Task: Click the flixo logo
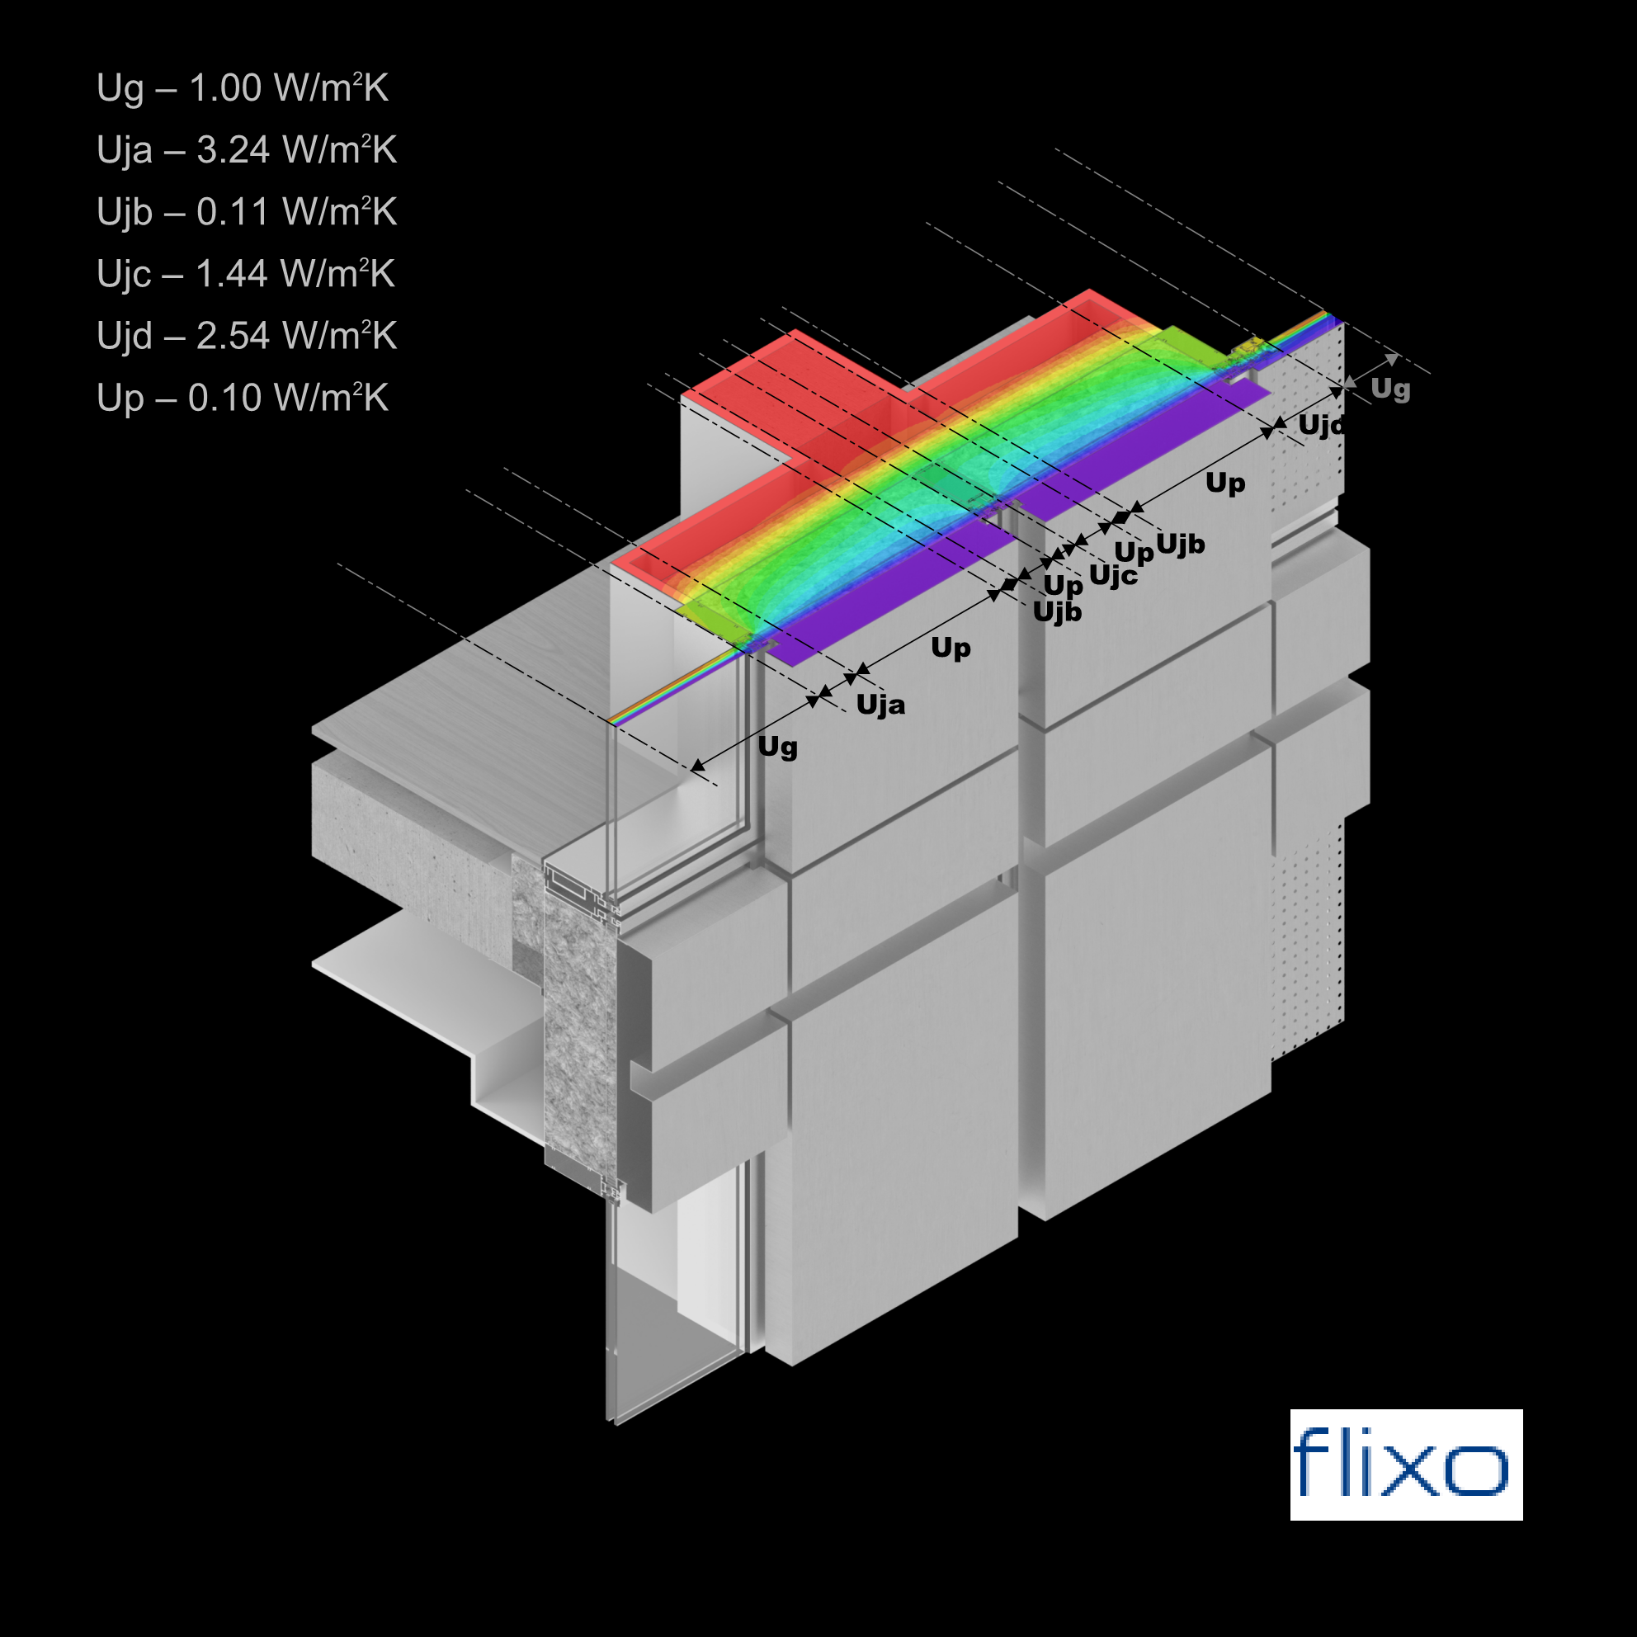[x=1406, y=1465]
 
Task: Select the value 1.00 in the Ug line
[x=224, y=88]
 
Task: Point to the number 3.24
[x=233, y=150]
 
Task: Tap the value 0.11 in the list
[x=233, y=212]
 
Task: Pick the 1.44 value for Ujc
[x=232, y=274]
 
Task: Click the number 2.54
[x=233, y=336]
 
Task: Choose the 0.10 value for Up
[x=224, y=398]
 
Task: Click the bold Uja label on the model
[x=880, y=705]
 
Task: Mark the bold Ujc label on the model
[x=1112, y=575]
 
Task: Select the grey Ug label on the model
[x=1390, y=389]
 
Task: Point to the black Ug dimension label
[x=777, y=747]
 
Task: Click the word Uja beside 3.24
[x=125, y=151]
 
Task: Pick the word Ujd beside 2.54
[x=125, y=337]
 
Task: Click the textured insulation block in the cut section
[x=578, y=1017]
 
